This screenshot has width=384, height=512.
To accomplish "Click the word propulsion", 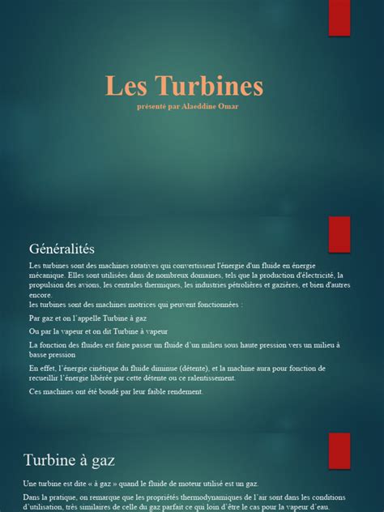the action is (46, 285).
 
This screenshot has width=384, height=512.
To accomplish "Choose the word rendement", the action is (183, 392).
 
